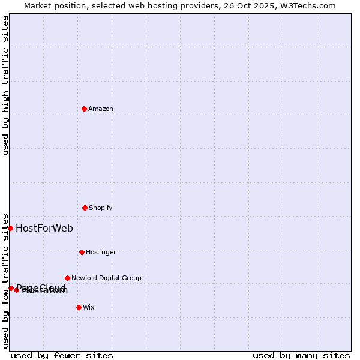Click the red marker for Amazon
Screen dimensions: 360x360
pos(84,109)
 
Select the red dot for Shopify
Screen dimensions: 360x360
pos(85,208)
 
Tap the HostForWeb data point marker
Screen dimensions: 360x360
pos(10,228)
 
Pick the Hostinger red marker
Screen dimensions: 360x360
pos(82,252)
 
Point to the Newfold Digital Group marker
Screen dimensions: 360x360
pos(67,278)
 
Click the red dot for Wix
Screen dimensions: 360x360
pos(79,307)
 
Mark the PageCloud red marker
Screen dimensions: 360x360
pos(11,288)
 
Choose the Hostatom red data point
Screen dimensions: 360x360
pos(16,290)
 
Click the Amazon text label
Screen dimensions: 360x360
pos(101,109)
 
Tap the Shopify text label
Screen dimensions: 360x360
pos(101,208)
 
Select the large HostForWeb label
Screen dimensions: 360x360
pos(44,228)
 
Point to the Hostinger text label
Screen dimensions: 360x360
pos(101,252)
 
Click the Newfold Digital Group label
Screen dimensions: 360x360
pos(106,278)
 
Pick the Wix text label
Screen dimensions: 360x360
pos(89,307)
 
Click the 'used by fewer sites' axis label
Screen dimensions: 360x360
pos(62,355)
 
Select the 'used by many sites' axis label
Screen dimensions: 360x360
pos(301,355)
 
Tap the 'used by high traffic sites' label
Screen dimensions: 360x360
pos(5,85)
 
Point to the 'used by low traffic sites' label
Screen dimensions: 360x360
pos(5,281)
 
